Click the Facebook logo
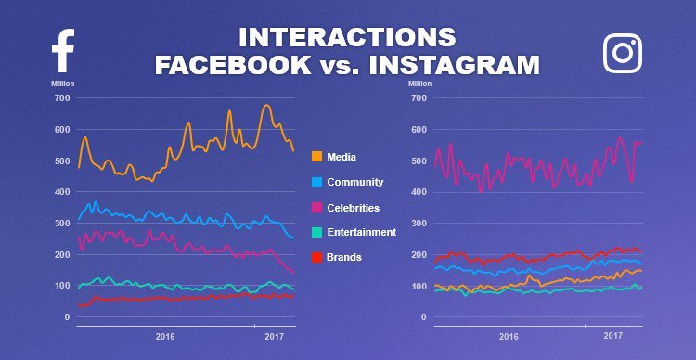coord(62,51)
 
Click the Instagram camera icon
coord(623,53)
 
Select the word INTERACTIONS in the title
coord(347,37)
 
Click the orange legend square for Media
coord(316,157)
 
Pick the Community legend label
coord(354,183)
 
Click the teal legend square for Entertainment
coord(316,232)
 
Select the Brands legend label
coord(345,257)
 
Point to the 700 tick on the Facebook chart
coord(61,97)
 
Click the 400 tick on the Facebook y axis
coord(61,192)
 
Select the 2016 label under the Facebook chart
coord(165,336)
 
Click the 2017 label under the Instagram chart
coord(612,336)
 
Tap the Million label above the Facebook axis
coord(63,84)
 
